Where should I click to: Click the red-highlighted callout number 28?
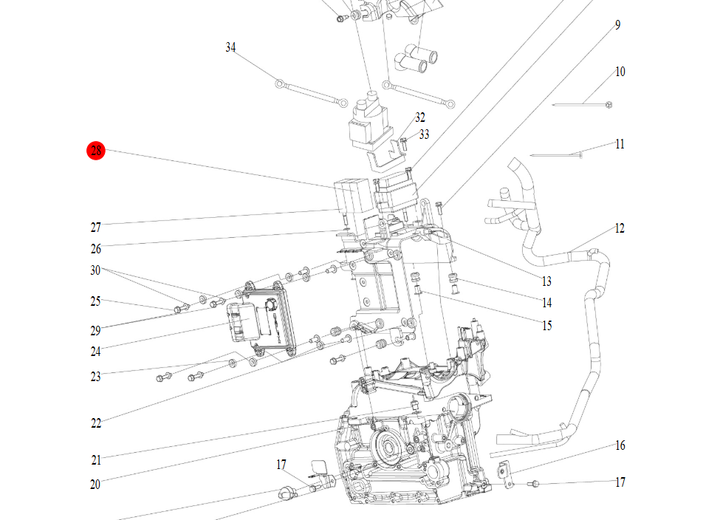(x=96, y=151)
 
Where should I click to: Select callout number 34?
(x=230, y=48)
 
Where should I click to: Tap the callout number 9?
(x=617, y=25)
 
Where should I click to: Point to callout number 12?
(x=620, y=228)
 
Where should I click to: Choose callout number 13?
(x=546, y=281)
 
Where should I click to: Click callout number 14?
(x=546, y=303)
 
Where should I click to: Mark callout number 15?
(x=546, y=326)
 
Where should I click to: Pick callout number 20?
(x=95, y=485)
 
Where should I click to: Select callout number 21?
(x=96, y=460)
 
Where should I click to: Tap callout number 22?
(x=96, y=423)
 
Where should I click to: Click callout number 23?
(x=96, y=377)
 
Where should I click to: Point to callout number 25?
(x=96, y=301)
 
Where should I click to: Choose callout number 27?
(x=96, y=227)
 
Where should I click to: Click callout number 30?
(x=96, y=270)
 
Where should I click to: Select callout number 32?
(x=420, y=117)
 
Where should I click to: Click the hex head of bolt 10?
(x=608, y=106)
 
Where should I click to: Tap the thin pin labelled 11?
(x=557, y=155)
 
